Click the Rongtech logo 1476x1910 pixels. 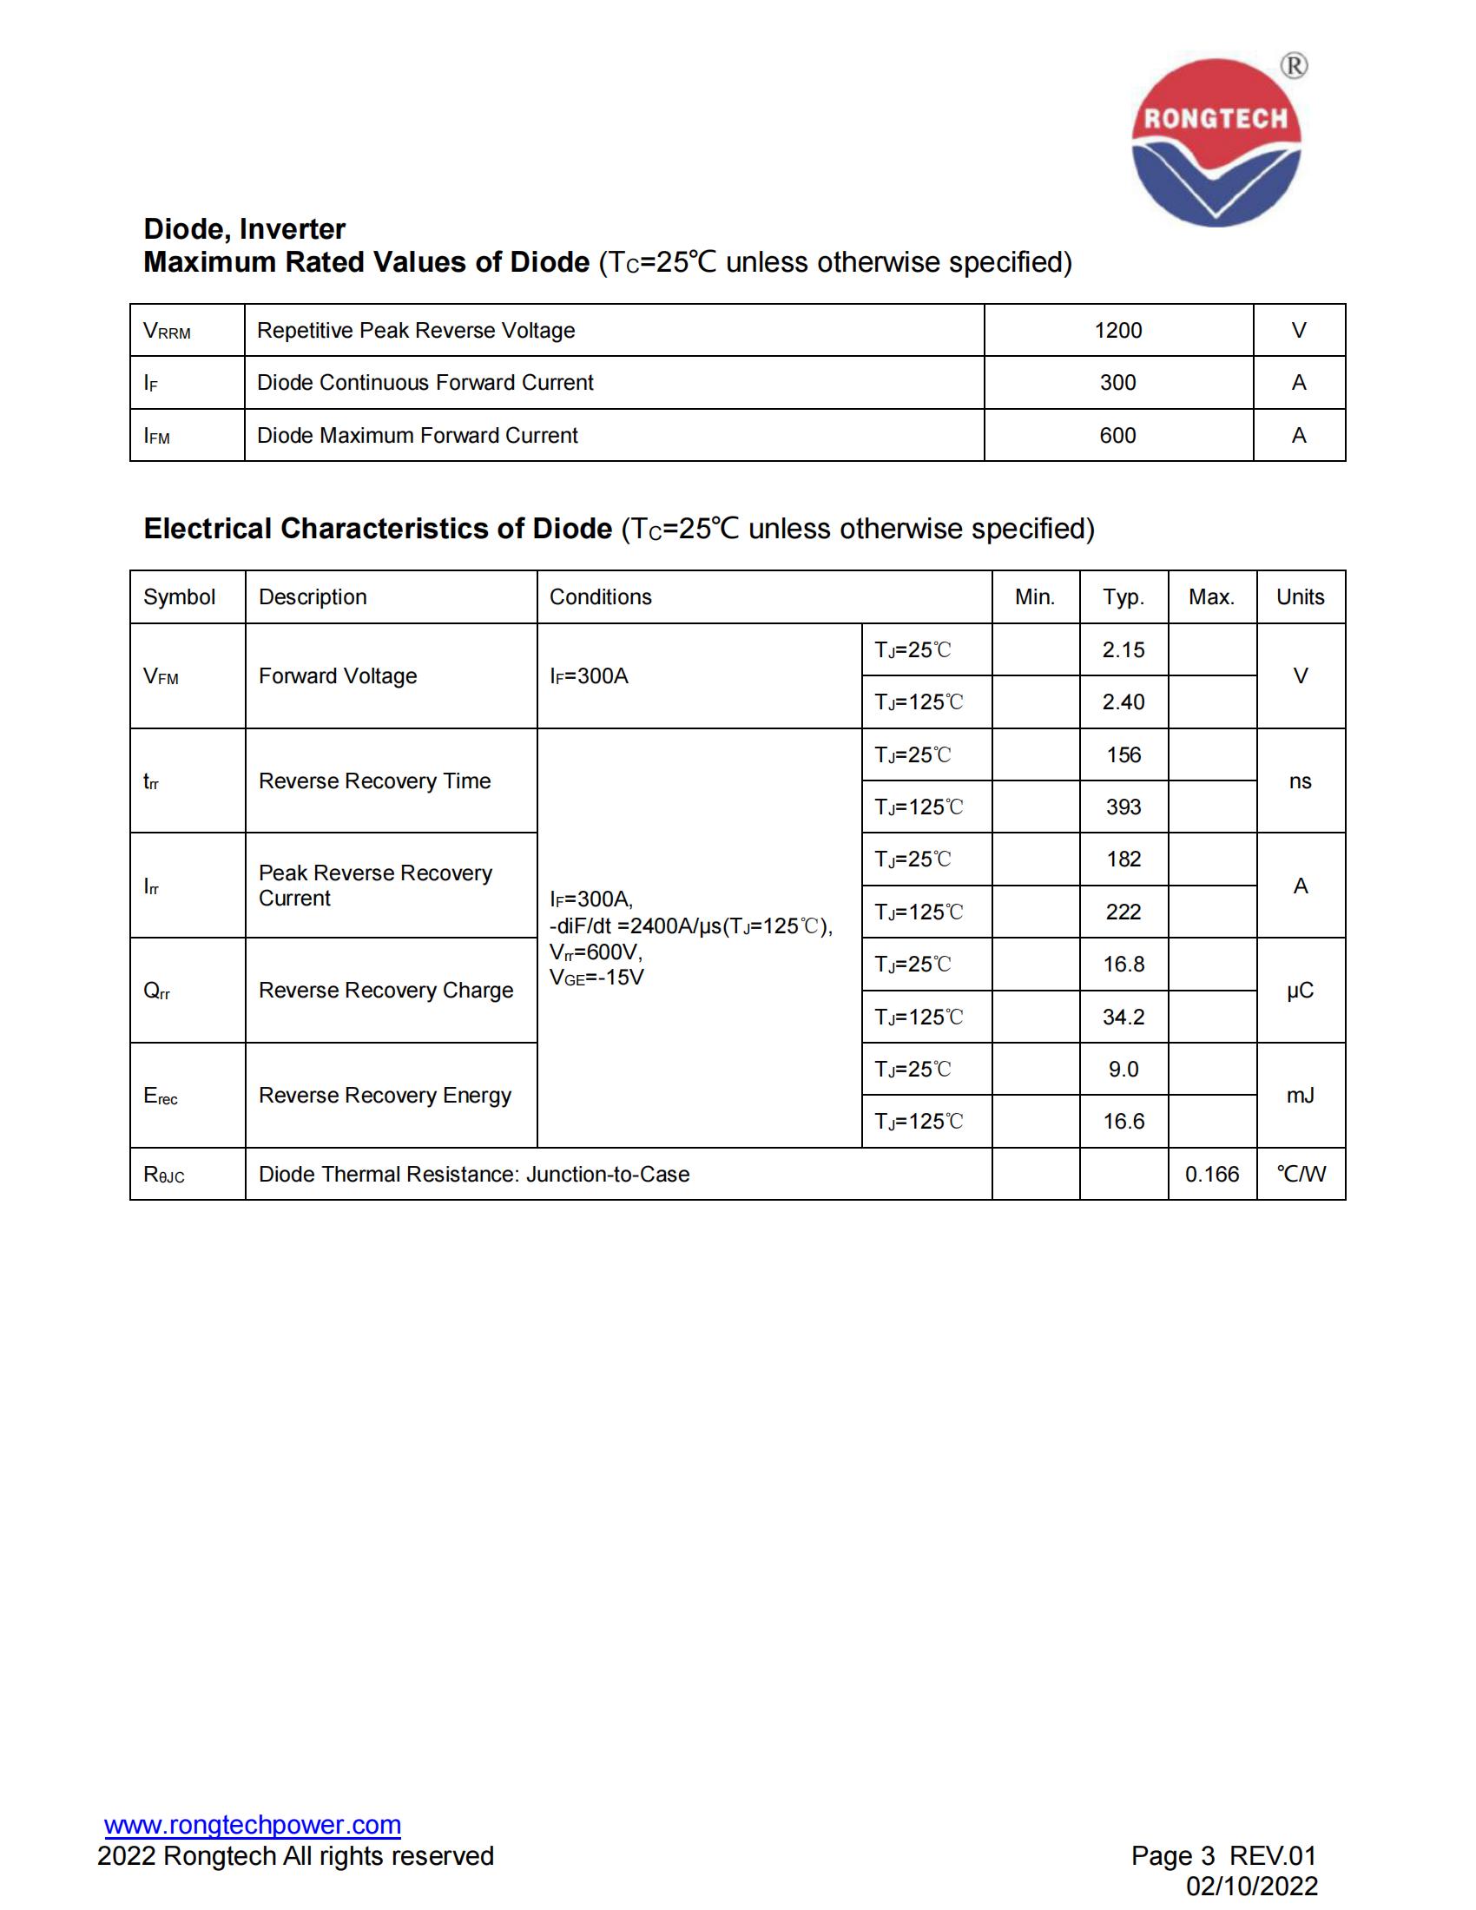pos(1216,142)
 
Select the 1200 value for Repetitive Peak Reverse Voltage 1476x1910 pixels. pos(1117,331)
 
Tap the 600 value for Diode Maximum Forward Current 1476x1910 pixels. pos(1117,436)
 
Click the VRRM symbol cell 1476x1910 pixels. pos(167,332)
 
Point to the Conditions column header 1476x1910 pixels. pos(601,597)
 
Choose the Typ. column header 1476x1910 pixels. pos(1123,597)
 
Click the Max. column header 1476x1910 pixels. pos(1211,597)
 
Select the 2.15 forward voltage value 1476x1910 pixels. pos(1123,649)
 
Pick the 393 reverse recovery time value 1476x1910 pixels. pos(1123,807)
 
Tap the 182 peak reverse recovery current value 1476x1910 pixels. pos(1123,859)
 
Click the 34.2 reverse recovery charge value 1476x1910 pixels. pos(1123,1018)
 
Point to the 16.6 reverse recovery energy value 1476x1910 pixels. pos(1123,1122)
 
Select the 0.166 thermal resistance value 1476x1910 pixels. pos(1212,1175)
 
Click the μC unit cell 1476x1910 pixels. pos(1301,991)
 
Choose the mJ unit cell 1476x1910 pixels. pos(1301,1096)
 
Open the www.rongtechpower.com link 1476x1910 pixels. pos(253,1825)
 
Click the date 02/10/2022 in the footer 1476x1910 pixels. pos(1251,1887)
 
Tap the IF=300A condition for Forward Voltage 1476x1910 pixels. pos(590,676)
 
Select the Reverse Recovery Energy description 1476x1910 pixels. pos(385,1096)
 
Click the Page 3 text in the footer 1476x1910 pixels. pos(1173,1856)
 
